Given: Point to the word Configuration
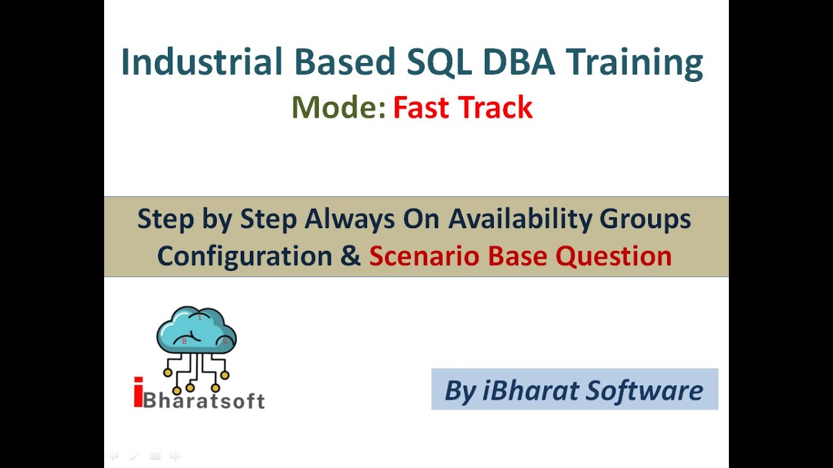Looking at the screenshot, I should [x=245, y=256].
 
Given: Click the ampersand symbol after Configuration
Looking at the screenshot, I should [x=351, y=256].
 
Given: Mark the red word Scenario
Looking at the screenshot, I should [x=425, y=256].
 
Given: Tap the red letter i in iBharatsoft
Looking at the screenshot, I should [x=137, y=394].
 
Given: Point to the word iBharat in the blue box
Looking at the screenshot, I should [x=531, y=390].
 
